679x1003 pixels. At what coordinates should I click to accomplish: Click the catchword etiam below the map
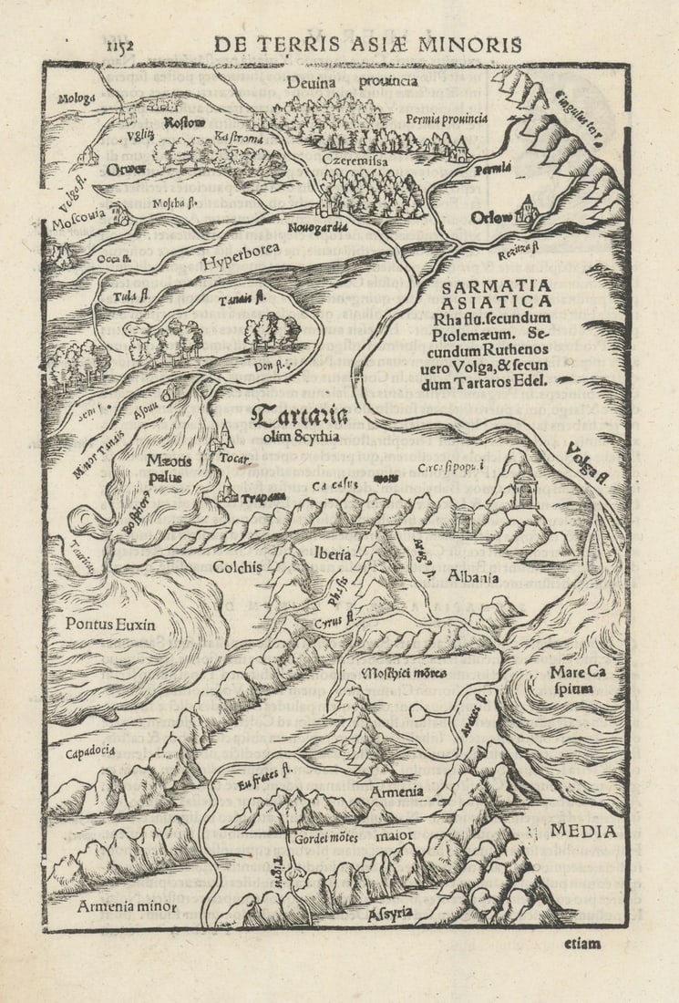[x=581, y=944]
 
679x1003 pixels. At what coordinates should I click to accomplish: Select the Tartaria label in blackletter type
[x=300, y=418]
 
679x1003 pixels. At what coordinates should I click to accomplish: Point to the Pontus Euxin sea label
[x=109, y=625]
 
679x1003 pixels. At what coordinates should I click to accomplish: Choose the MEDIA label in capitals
[x=582, y=831]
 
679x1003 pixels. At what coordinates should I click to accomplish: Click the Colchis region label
[x=237, y=567]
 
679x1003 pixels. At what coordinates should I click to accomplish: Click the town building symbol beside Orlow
[x=525, y=212]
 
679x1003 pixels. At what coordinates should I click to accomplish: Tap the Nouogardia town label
[x=318, y=228]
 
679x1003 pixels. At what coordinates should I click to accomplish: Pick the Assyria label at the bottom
[x=389, y=911]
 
